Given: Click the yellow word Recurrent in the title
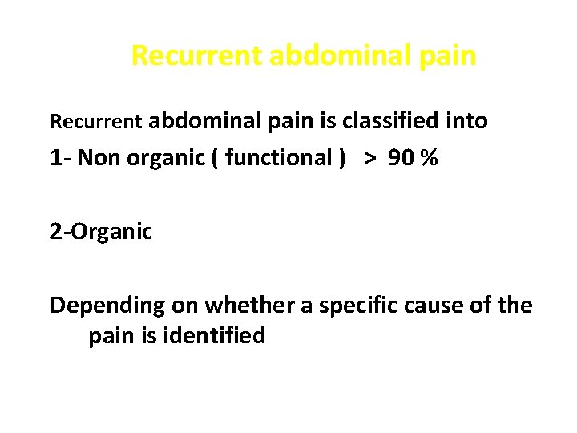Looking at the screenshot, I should [x=196, y=56].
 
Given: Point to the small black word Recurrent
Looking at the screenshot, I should [x=96, y=122].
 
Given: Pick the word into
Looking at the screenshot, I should [x=467, y=121].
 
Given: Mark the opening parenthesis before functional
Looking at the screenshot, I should [x=216, y=158].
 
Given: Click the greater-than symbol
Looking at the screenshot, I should [x=370, y=158].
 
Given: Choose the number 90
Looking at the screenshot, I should [x=403, y=158].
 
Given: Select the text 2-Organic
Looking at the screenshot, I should [x=101, y=232].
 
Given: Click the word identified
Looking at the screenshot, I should [x=216, y=335].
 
